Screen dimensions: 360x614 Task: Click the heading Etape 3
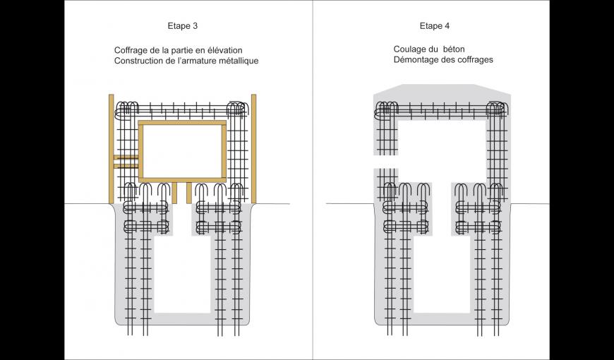click(x=183, y=26)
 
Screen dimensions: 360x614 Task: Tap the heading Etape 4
click(x=434, y=26)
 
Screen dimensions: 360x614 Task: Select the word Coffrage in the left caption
click(x=131, y=50)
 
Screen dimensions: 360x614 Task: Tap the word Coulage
click(x=410, y=49)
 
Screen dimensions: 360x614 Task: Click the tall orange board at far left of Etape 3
click(x=111, y=148)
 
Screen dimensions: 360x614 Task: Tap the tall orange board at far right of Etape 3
click(x=253, y=148)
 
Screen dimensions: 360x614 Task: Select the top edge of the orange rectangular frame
click(x=182, y=123)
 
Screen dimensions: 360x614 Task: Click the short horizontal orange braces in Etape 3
click(x=126, y=162)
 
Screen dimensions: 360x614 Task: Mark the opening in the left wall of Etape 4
click(x=385, y=161)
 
